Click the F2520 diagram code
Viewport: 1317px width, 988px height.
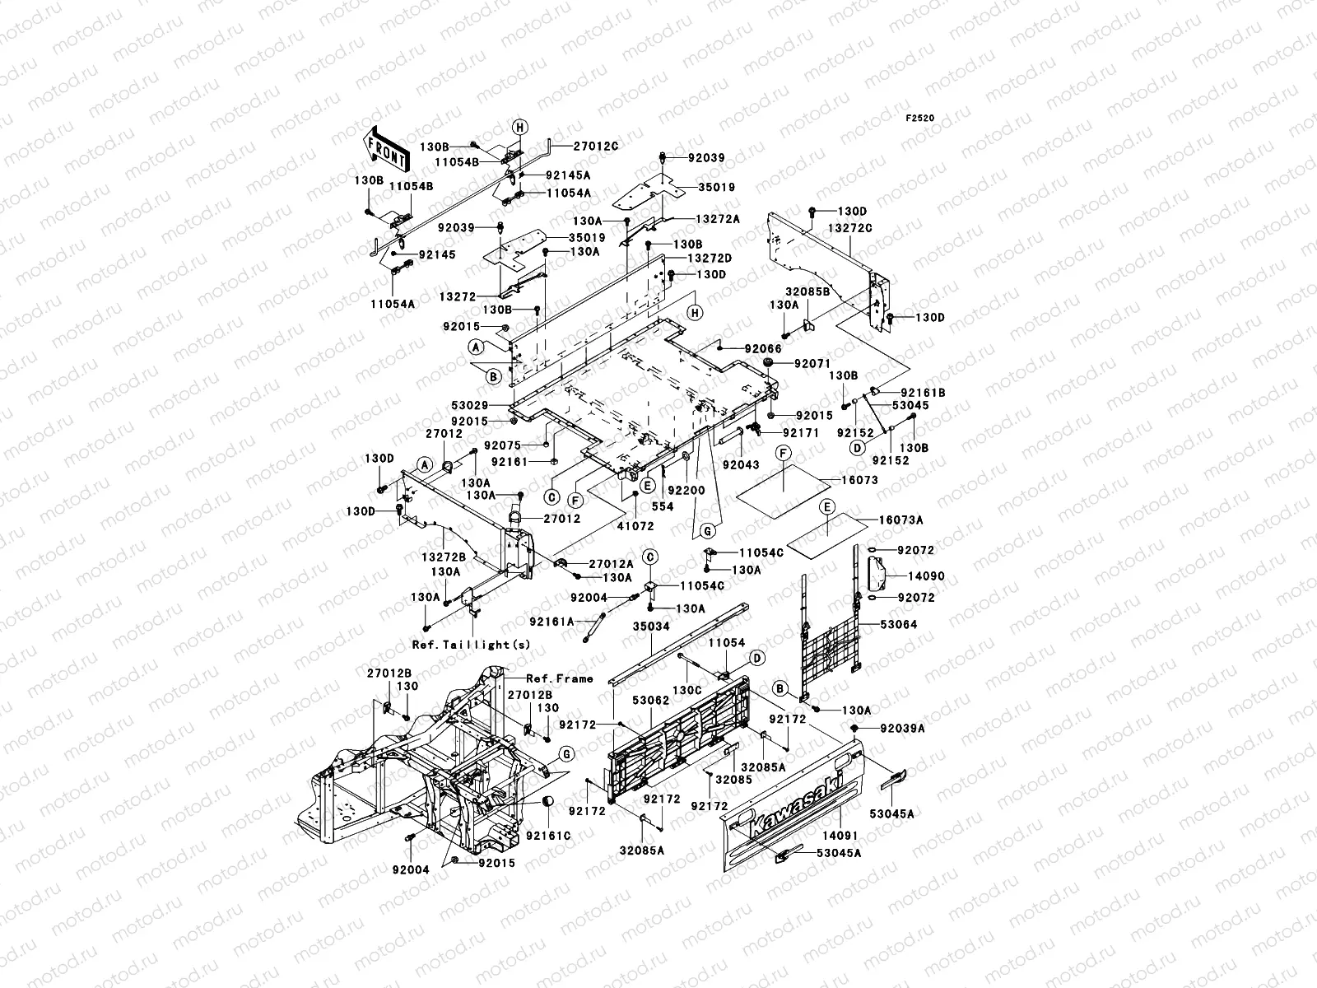coord(920,119)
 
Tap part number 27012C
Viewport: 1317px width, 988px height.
coord(596,145)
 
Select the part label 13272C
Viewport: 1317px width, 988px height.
coord(850,228)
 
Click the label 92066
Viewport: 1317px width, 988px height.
coord(763,350)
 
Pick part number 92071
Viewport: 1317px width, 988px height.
coord(812,363)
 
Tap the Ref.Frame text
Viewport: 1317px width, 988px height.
coord(560,678)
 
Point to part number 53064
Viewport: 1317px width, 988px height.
coord(898,625)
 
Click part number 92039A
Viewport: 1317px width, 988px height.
coord(903,729)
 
